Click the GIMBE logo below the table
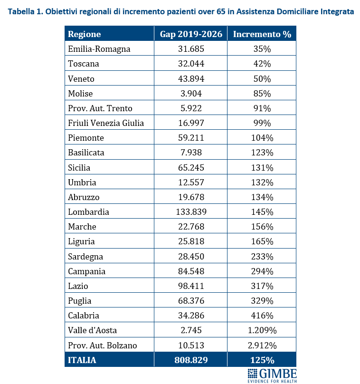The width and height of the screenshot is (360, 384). [272, 374]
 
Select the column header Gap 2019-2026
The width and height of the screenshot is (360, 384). [190, 34]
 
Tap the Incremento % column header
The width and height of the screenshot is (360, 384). [262, 34]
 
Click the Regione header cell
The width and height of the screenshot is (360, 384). [85, 34]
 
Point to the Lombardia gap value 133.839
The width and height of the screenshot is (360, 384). [190, 212]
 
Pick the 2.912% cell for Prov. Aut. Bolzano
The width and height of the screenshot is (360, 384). [262, 346]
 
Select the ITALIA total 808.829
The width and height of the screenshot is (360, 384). [190, 360]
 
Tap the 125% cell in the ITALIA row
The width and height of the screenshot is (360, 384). [262, 360]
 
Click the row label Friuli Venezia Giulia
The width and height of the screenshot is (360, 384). [105, 123]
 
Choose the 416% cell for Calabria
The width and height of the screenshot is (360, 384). [262, 316]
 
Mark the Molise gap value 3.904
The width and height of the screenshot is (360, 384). [190, 94]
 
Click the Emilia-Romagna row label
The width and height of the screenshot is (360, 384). [99, 49]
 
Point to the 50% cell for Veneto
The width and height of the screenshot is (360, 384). [262, 79]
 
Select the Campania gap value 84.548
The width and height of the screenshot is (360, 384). [190, 271]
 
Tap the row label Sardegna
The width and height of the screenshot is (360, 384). [85, 257]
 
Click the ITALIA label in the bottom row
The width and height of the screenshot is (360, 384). [82, 360]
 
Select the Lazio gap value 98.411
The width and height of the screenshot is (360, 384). [190, 286]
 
